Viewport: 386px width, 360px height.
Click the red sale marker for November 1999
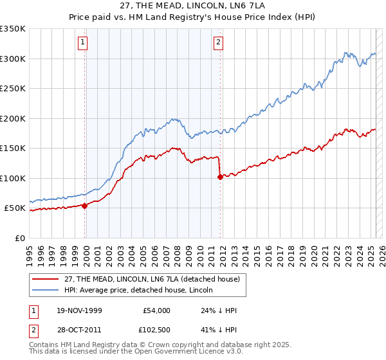click(x=85, y=206)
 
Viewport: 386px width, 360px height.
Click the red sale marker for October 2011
click(x=220, y=177)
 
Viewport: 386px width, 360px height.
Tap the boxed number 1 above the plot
click(x=84, y=43)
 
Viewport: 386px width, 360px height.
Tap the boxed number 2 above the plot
click(x=219, y=43)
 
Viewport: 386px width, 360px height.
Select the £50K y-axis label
click(x=15, y=208)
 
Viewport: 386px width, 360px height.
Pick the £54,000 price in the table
click(x=158, y=310)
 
